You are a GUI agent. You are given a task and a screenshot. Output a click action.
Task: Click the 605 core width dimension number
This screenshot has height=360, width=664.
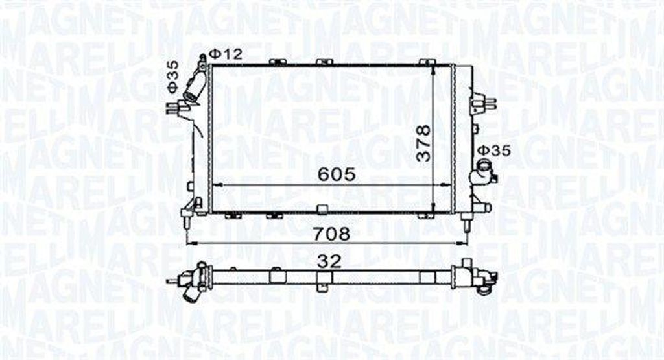(x=337, y=174)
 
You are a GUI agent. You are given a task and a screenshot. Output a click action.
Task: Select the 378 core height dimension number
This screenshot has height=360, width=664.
(x=423, y=143)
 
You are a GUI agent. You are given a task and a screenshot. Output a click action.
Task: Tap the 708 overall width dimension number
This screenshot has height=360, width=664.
(x=331, y=234)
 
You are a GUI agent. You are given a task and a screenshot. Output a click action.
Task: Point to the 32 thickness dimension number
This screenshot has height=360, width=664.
(x=329, y=261)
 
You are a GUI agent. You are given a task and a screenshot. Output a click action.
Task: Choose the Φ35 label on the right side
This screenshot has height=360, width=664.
(x=495, y=150)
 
